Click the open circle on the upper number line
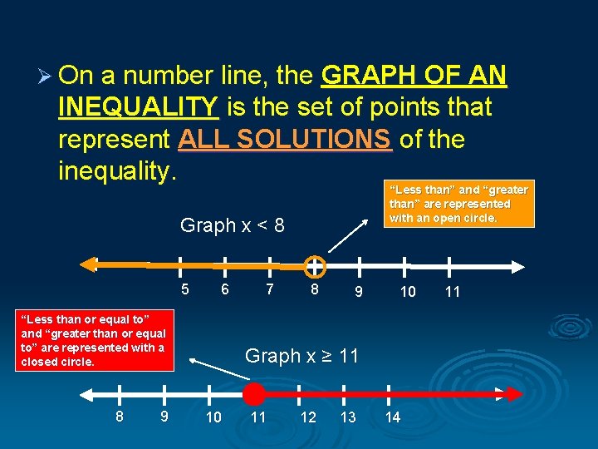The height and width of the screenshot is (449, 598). point(314,266)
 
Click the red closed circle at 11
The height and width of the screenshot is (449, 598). point(255,394)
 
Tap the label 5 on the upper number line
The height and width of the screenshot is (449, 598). point(185,289)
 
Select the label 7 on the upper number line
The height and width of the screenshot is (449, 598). point(268,289)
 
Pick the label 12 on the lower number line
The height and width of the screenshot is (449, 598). point(308,417)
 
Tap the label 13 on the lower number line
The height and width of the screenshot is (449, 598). point(348,417)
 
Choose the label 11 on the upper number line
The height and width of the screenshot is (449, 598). point(452,292)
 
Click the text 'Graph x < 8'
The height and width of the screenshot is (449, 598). point(232,225)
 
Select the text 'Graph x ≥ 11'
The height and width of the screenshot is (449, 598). point(301,356)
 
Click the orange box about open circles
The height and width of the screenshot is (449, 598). point(458,204)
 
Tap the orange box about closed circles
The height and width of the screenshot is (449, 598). point(92,339)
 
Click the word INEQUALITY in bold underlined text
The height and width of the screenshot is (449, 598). point(139,106)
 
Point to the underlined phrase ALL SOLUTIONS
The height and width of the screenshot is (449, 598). point(284,139)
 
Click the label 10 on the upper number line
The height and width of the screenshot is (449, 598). point(407,292)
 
